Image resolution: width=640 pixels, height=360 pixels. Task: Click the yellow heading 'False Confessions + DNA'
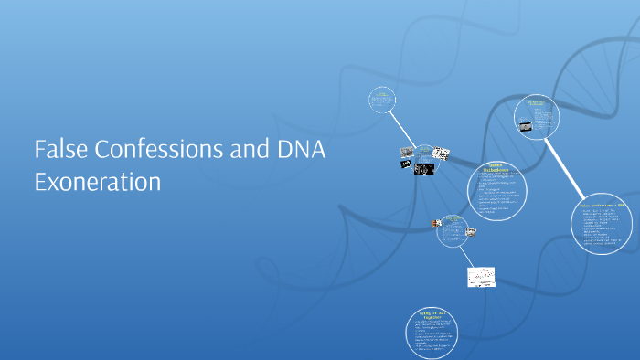608,206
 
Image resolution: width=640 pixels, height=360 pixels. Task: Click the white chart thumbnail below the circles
481,276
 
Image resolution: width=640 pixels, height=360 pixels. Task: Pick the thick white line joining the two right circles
568,165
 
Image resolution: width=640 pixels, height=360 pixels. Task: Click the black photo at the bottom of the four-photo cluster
423,169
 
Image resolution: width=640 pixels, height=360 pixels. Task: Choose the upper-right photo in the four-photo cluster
441,152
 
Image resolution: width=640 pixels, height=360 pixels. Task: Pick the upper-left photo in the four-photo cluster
407,151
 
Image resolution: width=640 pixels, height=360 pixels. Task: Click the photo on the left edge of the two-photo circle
436,222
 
